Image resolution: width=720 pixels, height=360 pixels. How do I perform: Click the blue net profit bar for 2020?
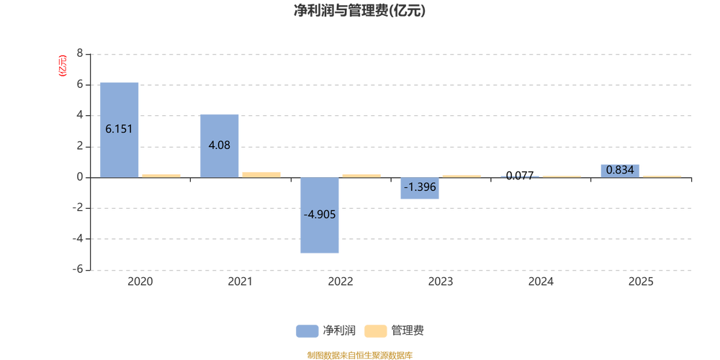point(119,130)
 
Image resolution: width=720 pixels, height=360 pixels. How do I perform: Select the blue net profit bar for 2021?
point(219,146)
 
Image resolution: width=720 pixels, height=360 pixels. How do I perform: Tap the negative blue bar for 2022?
point(320,215)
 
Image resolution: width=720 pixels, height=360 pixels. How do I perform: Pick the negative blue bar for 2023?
point(420,188)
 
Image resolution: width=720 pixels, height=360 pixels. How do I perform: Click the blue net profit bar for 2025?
point(620,171)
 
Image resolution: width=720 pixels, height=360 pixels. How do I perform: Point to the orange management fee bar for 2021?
point(261,175)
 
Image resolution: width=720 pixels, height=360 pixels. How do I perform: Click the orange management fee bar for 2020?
point(161,176)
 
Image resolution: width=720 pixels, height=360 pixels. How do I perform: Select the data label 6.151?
point(119,130)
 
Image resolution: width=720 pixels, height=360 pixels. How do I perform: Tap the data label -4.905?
point(320,215)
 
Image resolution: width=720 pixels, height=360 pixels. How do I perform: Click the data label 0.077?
point(520,176)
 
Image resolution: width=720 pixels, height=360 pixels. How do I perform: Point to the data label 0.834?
point(620,171)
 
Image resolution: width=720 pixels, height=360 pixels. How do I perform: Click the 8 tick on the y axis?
point(80,54)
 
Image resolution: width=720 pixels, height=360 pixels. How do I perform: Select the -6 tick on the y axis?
point(77,270)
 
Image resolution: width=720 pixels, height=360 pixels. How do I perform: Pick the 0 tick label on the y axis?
point(80,177)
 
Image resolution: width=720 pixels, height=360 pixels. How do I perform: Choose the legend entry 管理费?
point(394,330)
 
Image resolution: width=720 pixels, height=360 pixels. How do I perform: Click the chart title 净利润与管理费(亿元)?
point(359,11)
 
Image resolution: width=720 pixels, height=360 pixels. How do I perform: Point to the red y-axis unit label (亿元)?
point(63,66)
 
